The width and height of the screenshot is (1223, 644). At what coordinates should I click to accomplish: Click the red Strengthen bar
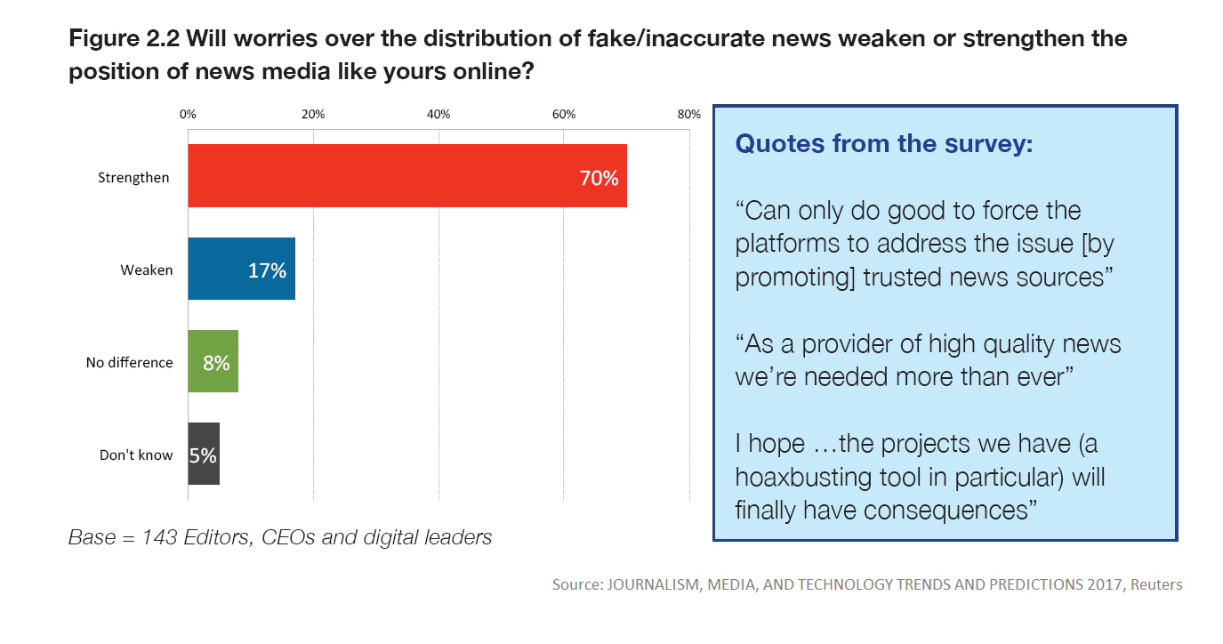pos(406,176)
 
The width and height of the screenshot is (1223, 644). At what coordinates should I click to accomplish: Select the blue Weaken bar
pos(241,270)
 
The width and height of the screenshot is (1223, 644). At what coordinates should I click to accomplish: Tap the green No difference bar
pos(213,361)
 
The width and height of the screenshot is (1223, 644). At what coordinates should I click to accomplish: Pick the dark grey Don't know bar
pos(204,454)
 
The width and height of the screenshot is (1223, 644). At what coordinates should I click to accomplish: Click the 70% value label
pos(599,178)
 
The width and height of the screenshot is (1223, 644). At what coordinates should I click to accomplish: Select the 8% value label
pos(216,363)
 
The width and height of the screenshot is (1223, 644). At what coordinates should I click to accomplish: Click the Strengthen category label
pos(133,178)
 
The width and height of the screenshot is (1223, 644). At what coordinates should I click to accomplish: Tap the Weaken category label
pos(147,270)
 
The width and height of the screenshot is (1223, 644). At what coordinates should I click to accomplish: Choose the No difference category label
pos(129,362)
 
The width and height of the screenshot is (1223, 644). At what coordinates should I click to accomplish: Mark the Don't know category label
pos(136,455)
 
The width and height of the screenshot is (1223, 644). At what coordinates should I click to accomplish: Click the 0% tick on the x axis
pos(188,115)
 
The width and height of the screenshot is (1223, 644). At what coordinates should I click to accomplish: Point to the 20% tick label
pos(313,115)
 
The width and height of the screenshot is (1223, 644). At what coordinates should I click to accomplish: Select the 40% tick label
pos(439,115)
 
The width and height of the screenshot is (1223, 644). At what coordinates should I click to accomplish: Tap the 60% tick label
pos(564,115)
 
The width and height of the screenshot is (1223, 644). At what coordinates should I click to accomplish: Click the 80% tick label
pos(689,115)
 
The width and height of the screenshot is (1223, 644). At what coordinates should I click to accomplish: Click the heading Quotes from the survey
pos(884,144)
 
